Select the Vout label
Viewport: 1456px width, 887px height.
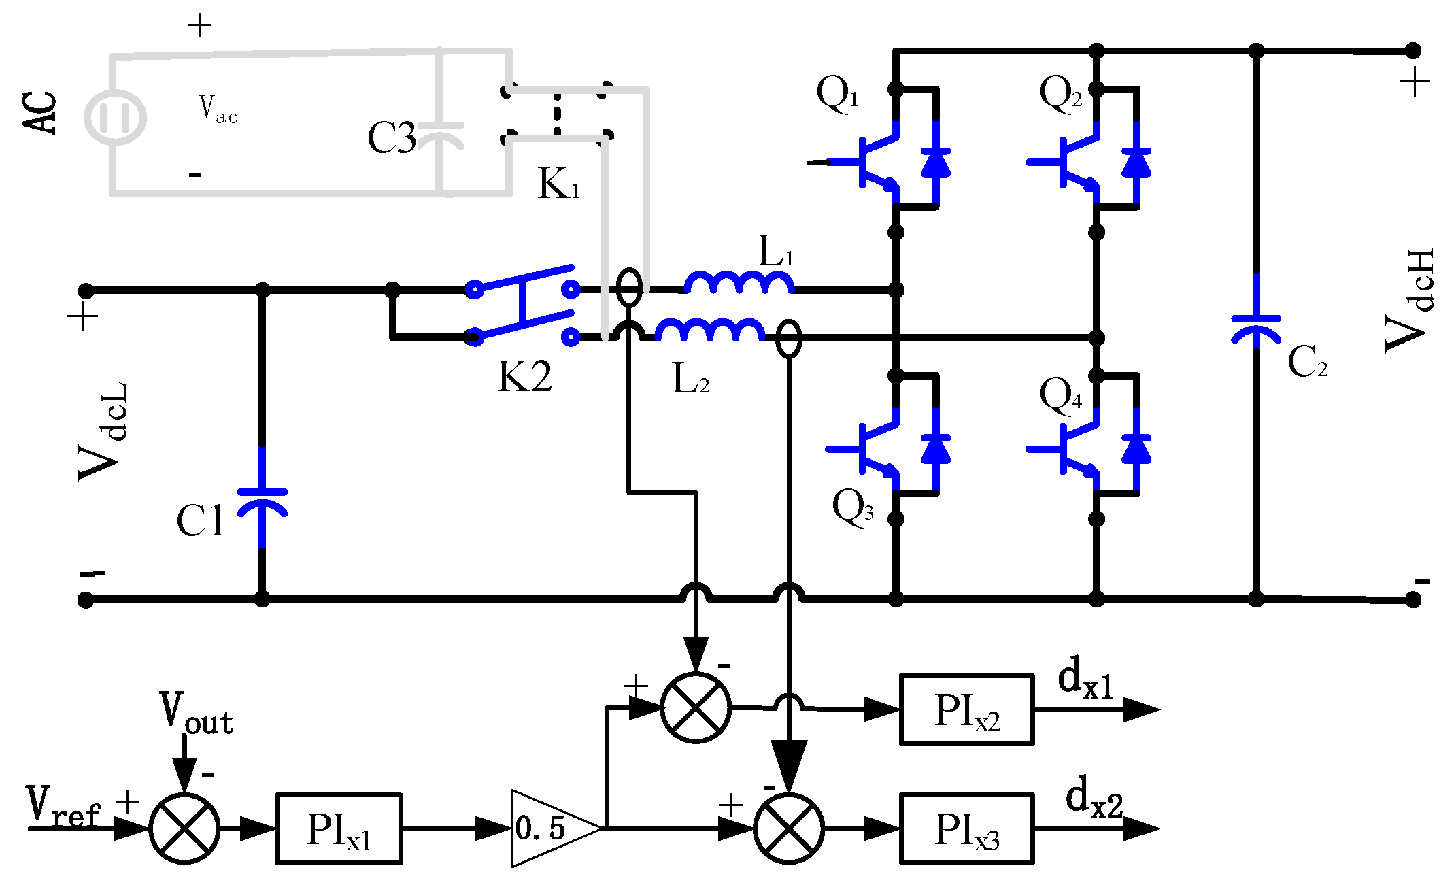pyautogui.click(x=197, y=713)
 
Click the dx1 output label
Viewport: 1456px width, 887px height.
pyautogui.click(x=1086, y=678)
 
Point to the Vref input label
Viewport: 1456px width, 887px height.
pyautogui.click(x=63, y=805)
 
